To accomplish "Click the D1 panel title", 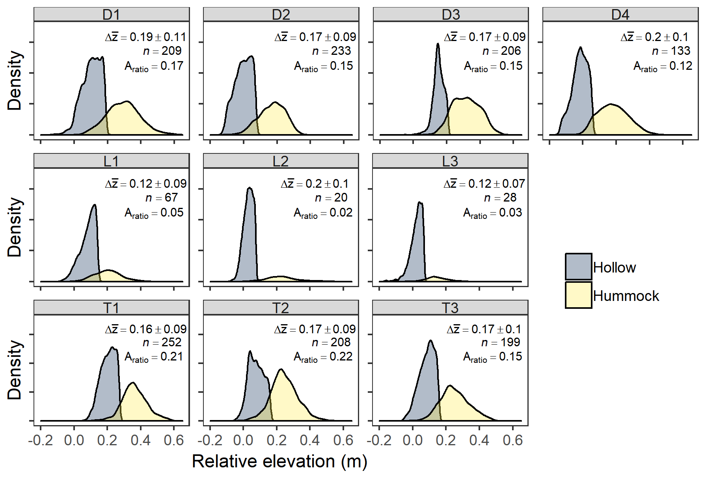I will click(111, 15).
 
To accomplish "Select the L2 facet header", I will click(281, 161).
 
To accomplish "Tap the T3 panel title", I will click(450, 308).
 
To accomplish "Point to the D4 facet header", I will click(620, 15).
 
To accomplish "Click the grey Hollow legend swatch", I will click(578, 267).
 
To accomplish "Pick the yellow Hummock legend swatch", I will click(578, 295).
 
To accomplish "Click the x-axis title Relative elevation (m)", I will click(279, 461).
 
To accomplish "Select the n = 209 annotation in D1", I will click(162, 51).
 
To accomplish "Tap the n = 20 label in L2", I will click(331, 198).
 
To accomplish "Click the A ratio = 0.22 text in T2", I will click(323, 357).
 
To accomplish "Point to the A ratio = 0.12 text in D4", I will click(663, 66).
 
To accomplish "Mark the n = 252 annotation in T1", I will click(162, 342).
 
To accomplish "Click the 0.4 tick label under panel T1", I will click(141, 440).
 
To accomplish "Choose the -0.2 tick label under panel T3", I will click(379, 440).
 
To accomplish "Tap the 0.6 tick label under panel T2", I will click(343, 440).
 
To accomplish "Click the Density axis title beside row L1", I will click(15, 227).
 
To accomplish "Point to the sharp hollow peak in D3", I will click(438, 44).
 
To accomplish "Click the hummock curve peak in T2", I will click(281, 370).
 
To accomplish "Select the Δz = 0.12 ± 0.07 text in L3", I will click(484, 184).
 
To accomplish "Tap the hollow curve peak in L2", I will click(249, 188).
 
